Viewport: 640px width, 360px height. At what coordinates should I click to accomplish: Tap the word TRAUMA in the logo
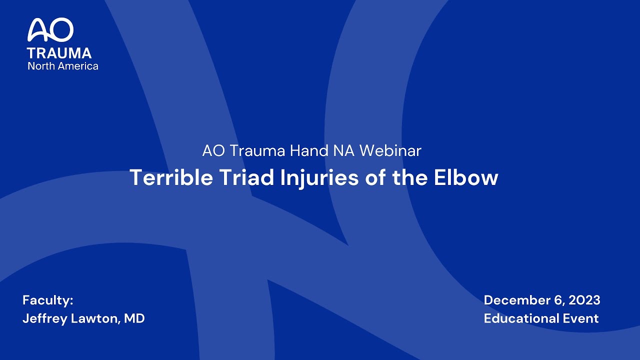coord(59,53)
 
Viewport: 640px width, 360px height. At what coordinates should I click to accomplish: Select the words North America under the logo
coord(63,66)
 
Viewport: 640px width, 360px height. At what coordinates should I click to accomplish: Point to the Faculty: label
coord(48,300)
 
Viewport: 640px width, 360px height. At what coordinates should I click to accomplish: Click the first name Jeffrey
coord(43,319)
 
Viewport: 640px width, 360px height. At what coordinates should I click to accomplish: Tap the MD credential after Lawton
coord(134,318)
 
